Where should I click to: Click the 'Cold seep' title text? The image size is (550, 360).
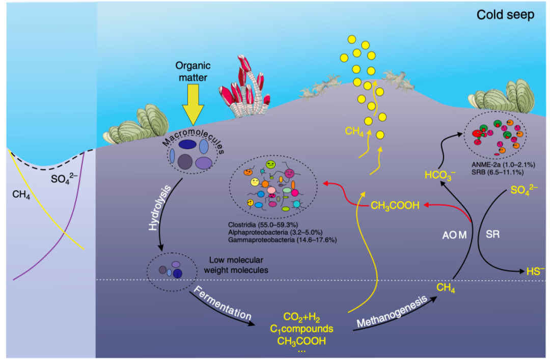point(505,15)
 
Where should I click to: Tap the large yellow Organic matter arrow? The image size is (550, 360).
point(193,105)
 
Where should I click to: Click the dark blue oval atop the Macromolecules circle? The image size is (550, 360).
point(188,145)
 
